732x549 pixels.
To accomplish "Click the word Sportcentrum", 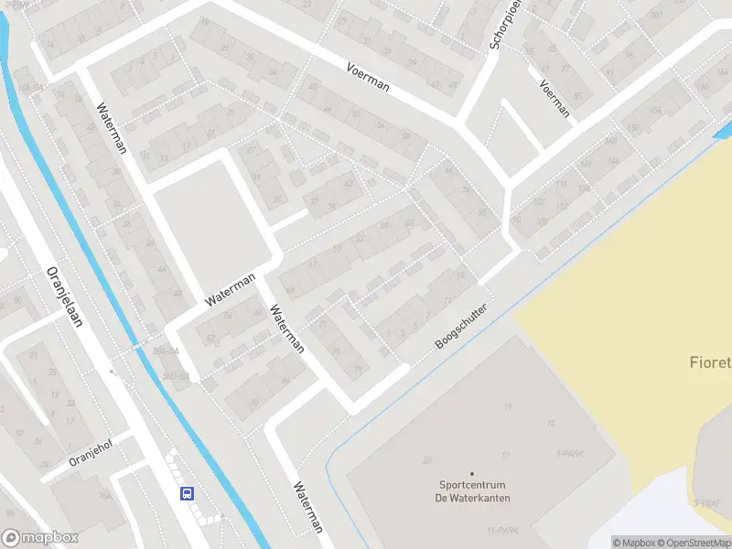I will tap(472, 486).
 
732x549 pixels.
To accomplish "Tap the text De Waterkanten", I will tap(472, 498).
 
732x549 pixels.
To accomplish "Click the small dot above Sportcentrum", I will tap(472, 473).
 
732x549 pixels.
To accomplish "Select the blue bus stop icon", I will tap(188, 494).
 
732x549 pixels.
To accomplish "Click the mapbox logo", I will tap(40, 538).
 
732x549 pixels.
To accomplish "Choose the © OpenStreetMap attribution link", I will tap(698, 543).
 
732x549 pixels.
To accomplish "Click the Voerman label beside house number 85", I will tap(555, 98).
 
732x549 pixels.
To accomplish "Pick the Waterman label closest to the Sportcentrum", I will tap(307, 508).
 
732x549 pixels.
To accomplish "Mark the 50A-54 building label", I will tap(165, 351).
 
